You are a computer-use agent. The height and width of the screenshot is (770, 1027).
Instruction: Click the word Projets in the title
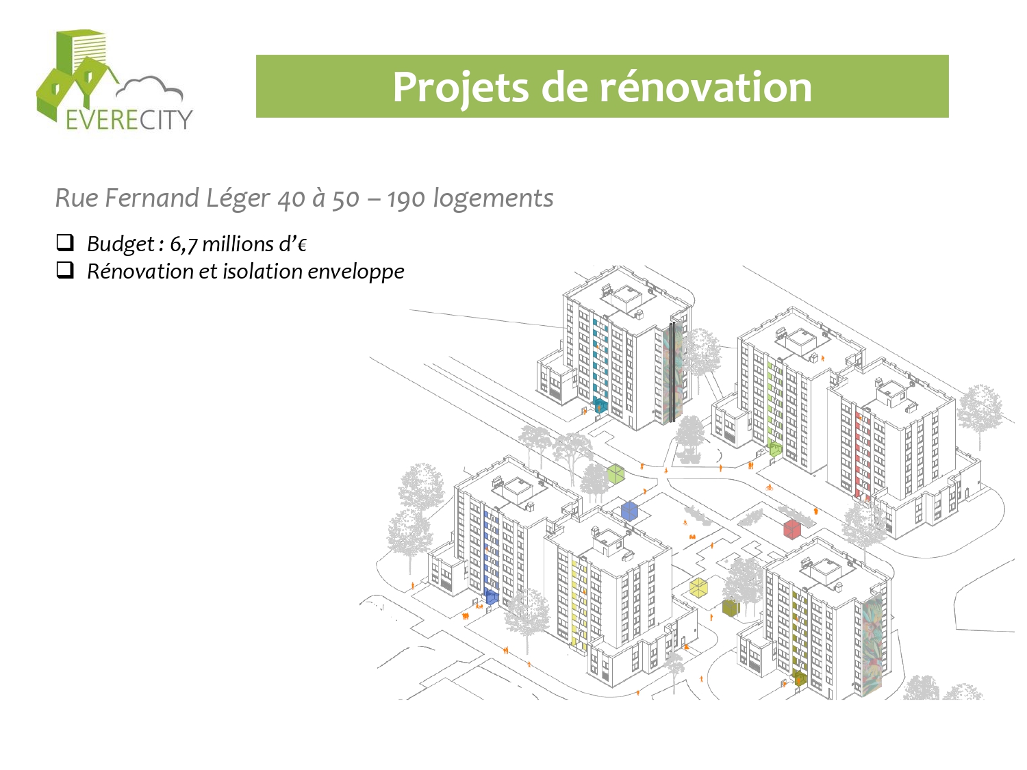(460, 88)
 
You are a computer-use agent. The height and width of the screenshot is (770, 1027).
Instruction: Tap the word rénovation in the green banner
(706, 87)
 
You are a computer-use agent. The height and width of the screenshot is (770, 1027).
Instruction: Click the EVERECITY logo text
(129, 120)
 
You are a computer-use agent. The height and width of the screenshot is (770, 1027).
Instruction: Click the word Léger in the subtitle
(238, 198)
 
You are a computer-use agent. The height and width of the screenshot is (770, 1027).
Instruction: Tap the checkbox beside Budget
(65, 242)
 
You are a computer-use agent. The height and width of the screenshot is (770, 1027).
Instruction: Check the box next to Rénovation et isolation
(65, 270)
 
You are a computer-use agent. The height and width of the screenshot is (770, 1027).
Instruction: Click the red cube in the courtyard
(791, 529)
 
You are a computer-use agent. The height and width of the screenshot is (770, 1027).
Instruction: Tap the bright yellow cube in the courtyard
(698, 588)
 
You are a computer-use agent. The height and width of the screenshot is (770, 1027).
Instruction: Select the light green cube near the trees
(616, 474)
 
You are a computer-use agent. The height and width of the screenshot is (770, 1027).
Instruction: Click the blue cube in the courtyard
(629, 511)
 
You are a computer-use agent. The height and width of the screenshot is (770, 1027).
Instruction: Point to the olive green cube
(731, 608)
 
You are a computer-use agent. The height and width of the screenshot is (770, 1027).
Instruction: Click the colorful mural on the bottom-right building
(872, 645)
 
